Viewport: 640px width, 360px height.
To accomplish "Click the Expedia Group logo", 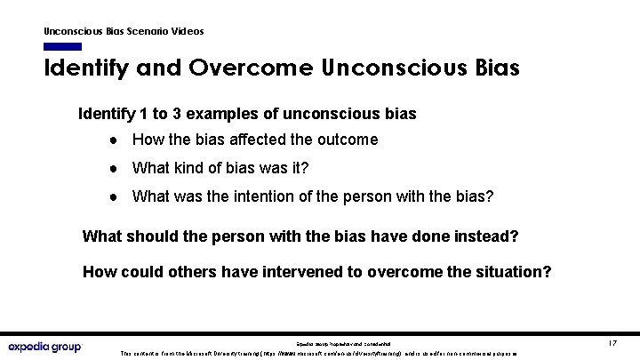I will pos(44,346).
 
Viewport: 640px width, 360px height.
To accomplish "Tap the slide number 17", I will pos(612,343).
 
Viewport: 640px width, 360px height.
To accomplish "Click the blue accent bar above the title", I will pos(62,46).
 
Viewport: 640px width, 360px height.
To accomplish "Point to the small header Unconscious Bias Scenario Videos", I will pos(124,31).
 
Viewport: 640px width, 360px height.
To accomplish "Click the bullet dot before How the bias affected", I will pos(116,140).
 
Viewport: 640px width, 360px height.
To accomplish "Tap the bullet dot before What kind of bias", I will pos(116,168).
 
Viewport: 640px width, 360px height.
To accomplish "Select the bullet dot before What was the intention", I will pos(116,196).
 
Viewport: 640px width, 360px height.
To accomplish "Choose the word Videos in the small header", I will pos(186,31).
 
